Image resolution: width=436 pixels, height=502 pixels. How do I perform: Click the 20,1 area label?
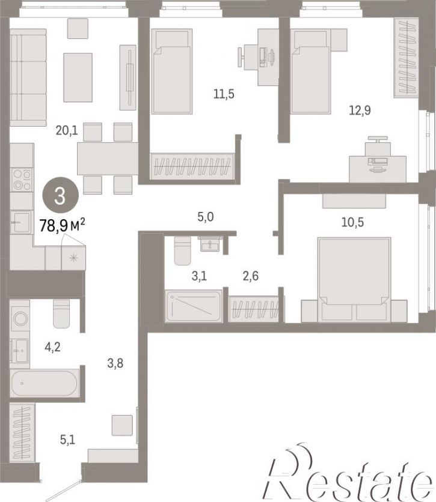(x=67, y=131)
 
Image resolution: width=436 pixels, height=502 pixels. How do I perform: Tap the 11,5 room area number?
(x=224, y=94)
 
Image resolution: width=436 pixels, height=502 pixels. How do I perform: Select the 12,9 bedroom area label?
(x=360, y=110)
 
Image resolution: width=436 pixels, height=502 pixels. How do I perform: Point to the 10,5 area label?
(x=352, y=222)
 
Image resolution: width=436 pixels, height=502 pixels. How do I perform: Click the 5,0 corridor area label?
(x=206, y=217)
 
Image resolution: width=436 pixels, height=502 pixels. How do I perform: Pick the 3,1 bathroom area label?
(x=199, y=276)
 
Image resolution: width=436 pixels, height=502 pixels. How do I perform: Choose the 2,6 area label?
(x=251, y=276)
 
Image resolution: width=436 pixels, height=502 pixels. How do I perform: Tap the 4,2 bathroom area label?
(x=52, y=347)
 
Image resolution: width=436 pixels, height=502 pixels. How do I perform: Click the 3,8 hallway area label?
(x=115, y=363)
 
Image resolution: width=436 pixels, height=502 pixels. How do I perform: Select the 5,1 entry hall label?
(x=67, y=440)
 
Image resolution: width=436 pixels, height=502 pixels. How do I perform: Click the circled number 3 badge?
(x=60, y=195)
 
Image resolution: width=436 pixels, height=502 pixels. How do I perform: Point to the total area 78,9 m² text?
(x=62, y=225)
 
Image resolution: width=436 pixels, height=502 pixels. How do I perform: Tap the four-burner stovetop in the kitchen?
(x=22, y=180)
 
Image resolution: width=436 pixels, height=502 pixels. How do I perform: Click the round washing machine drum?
(x=20, y=318)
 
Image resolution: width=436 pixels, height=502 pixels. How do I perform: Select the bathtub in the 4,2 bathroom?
(x=45, y=383)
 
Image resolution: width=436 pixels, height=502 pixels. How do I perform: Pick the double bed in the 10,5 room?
(x=354, y=279)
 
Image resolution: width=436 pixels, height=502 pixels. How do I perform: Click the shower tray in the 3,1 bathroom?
(x=194, y=306)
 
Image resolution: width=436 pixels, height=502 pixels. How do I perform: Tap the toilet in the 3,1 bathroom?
(x=182, y=250)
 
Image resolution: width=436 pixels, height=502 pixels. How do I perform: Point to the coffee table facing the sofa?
(x=78, y=77)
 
